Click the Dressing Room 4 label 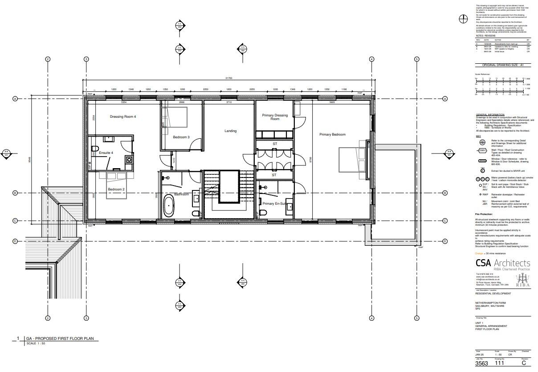(x=122, y=117)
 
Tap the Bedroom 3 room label (x=181, y=137)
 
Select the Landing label (x=230, y=131)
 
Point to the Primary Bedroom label (x=332, y=134)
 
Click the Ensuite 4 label (x=106, y=153)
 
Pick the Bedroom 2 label (x=116, y=190)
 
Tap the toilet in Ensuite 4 (x=95, y=149)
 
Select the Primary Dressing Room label (x=275, y=117)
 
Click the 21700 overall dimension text (x=228, y=78)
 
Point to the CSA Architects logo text (x=502, y=263)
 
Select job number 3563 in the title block (x=481, y=364)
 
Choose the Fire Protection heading (x=485, y=214)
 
